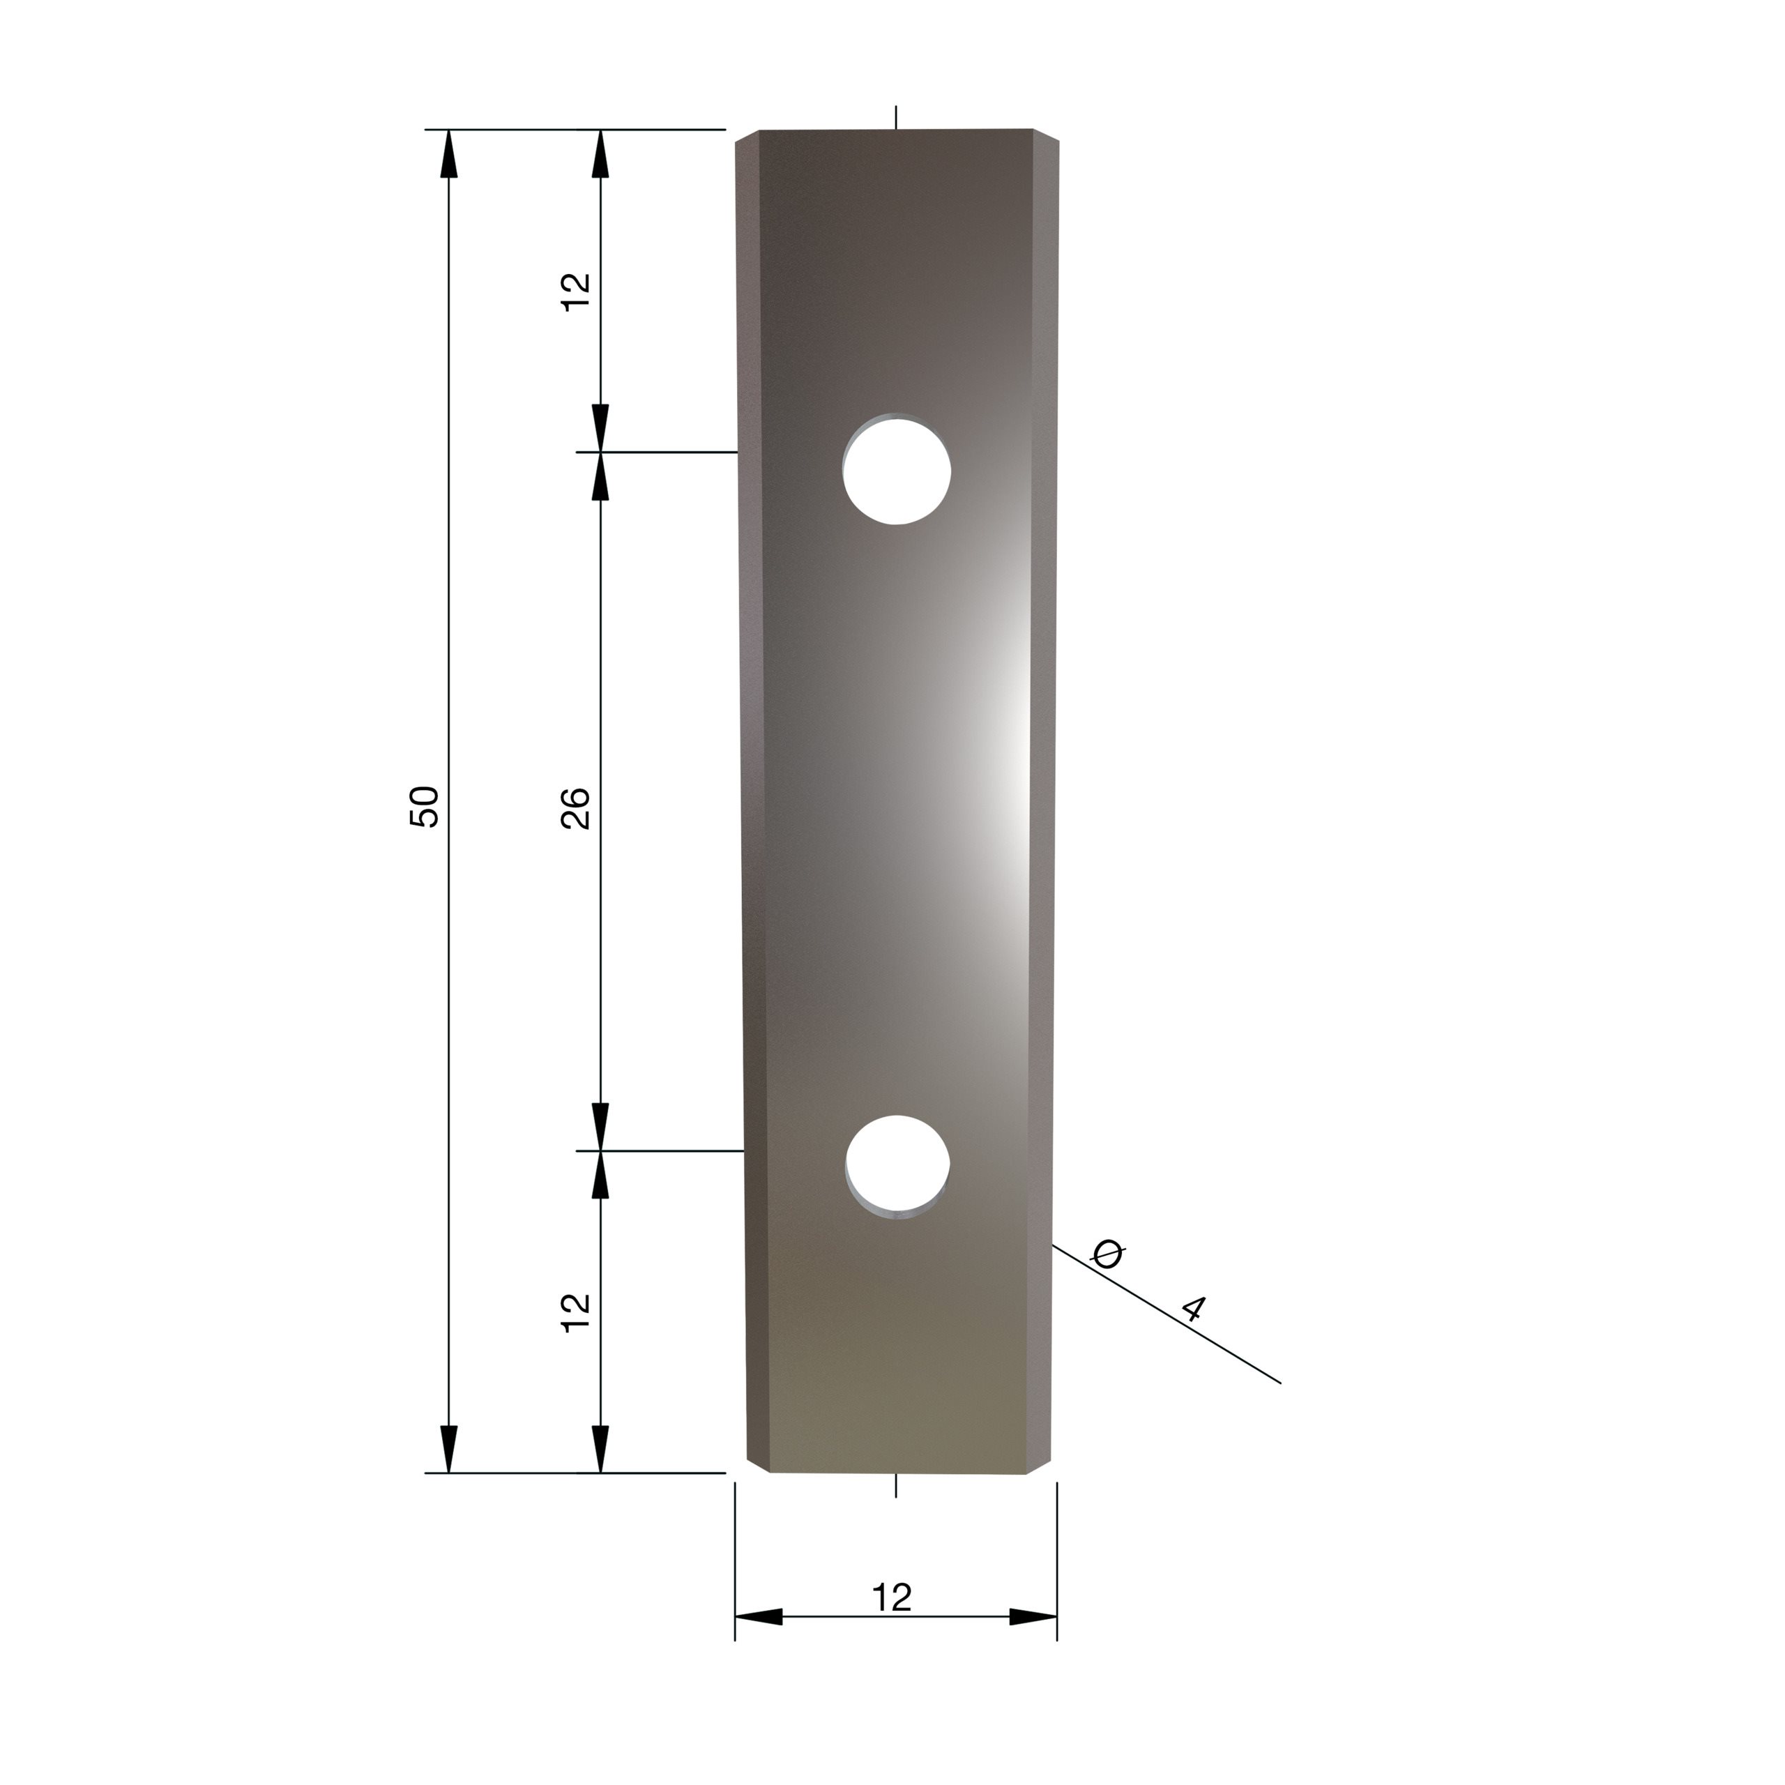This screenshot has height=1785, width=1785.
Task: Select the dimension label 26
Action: tap(576, 807)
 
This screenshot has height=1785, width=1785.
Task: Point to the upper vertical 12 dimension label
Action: tap(576, 292)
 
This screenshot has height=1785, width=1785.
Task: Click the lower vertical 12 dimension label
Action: tap(576, 1312)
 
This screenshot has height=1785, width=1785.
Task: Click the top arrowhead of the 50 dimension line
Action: tap(449, 153)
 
